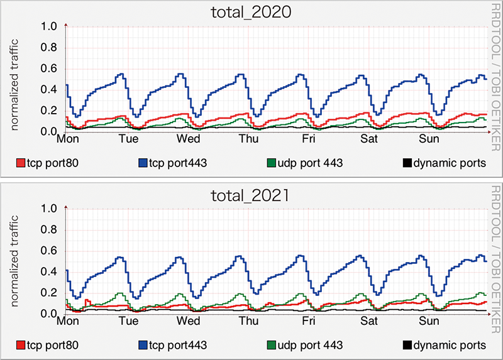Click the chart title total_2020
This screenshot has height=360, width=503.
click(x=251, y=13)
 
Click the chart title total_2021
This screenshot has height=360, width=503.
click(x=251, y=195)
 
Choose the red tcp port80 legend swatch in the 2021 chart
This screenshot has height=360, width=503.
click(x=21, y=345)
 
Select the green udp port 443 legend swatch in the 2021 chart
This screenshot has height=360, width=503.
click(x=271, y=345)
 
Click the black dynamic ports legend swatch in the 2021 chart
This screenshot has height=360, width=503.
click(x=407, y=345)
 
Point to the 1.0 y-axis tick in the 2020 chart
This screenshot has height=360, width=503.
click(x=49, y=27)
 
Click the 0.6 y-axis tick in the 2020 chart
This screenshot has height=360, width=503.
click(x=49, y=69)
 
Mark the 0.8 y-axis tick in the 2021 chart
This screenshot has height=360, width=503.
click(x=49, y=230)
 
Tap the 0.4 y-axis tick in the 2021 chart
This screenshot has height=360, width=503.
click(x=49, y=272)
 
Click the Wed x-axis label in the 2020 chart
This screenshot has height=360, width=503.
click(x=189, y=138)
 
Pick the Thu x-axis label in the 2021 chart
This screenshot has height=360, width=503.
click(x=248, y=320)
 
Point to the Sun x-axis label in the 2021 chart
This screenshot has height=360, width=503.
click(x=430, y=320)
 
